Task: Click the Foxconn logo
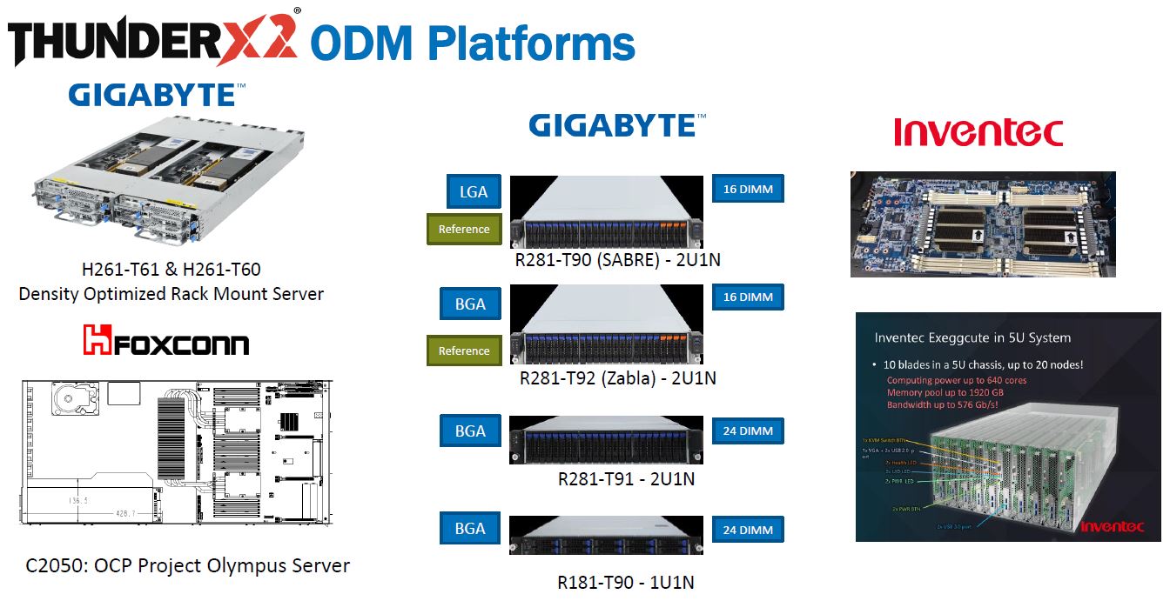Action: pos(166,340)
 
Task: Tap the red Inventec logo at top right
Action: pos(978,133)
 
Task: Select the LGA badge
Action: pos(473,192)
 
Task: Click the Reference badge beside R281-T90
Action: pos(464,229)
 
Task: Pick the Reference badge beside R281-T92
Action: pos(464,351)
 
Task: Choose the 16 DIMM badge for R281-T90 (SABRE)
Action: pos(748,189)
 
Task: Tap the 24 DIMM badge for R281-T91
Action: pos(748,431)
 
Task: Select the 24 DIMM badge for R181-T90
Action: pos(748,530)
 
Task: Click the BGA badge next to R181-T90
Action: pos(470,529)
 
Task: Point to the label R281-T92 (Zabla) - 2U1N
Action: pos(617,378)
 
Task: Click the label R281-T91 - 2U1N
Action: pos(626,478)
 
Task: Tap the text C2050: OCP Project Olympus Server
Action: pos(188,565)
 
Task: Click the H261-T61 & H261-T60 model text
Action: pos(171,270)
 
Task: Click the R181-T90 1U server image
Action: pos(606,535)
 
